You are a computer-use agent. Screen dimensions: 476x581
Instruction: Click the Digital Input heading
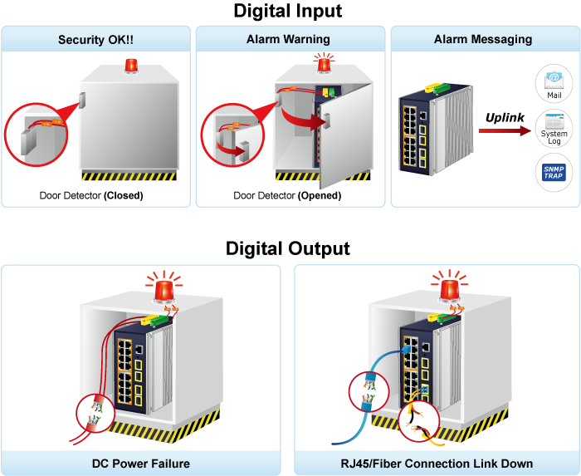pos(287,11)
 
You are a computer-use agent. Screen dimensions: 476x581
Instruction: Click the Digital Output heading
pos(287,248)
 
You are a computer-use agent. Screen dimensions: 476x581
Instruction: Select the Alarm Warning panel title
pos(288,39)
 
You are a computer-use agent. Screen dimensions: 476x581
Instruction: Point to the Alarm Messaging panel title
pos(483,39)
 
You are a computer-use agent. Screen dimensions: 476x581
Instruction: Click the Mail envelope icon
pos(554,81)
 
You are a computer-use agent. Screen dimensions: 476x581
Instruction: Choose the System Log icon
pos(554,128)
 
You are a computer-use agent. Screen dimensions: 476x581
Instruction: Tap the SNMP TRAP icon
pos(554,173)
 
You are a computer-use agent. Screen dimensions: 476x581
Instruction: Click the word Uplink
pos(505,118)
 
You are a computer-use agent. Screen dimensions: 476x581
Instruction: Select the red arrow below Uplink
pos(505,131)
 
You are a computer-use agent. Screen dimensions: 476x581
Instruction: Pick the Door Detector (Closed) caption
pos(91,196)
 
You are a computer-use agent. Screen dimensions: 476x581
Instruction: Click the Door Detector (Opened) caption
pos(287,196)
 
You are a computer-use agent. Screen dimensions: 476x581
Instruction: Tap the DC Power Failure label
pos(140,464)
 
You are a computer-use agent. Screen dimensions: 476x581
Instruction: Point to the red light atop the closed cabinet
pos(130,66)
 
